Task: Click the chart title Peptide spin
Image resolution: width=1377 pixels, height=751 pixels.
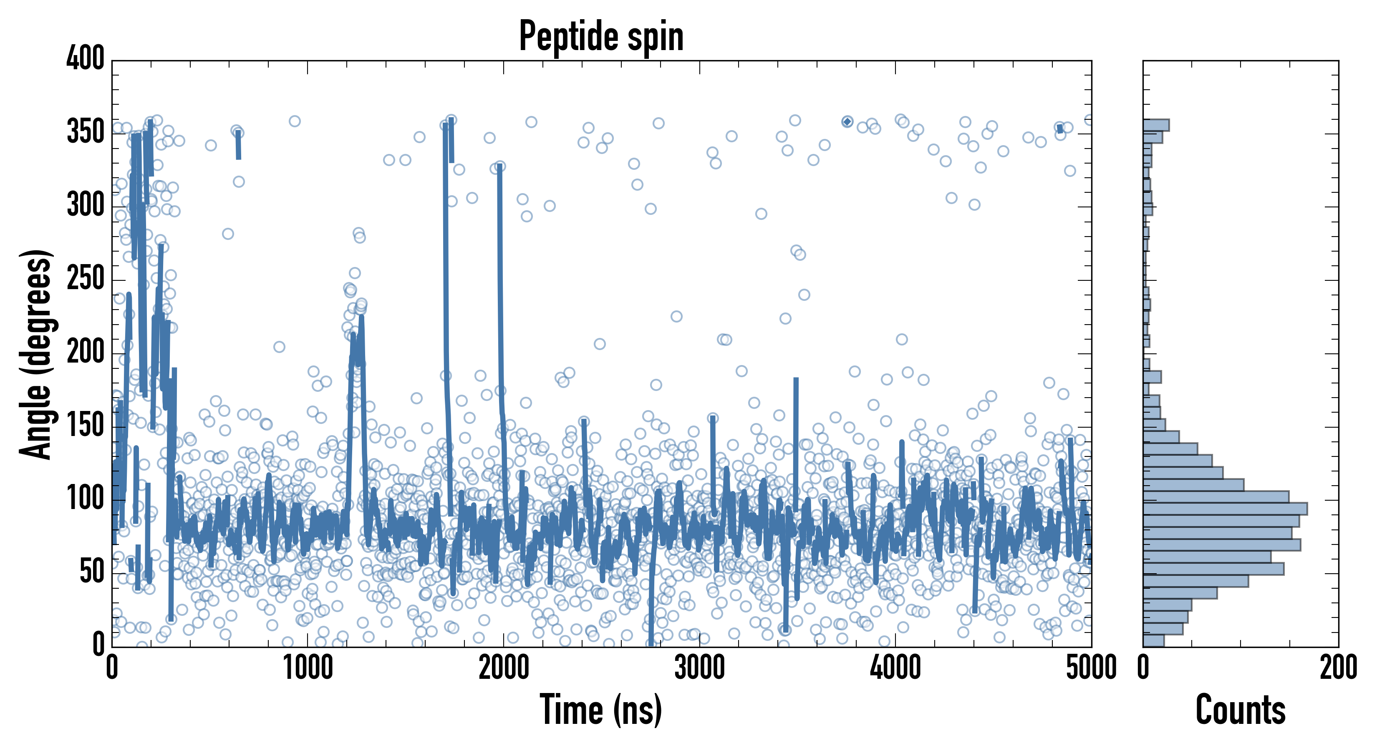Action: tap(601, 36)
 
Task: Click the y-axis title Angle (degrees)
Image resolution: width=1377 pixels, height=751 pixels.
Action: tap(35, 354)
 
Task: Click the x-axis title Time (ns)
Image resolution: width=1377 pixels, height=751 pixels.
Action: tap(601, 710)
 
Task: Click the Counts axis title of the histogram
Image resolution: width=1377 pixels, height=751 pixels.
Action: tap(1240, 710)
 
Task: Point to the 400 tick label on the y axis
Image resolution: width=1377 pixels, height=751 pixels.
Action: tap(86, 58)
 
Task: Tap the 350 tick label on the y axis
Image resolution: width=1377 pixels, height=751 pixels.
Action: tap(86, 132)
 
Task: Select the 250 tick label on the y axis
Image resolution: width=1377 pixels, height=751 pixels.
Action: tap(86, 278)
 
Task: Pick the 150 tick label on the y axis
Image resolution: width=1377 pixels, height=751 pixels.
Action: tap(86, 426)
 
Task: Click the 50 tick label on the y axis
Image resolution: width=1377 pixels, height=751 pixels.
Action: tap(92, 572)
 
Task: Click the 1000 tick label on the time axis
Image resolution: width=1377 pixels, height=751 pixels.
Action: tap(308, 668)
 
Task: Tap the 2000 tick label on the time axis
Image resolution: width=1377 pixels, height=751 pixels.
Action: tap(504, 668)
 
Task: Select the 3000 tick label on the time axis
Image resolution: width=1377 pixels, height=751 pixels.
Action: tap(700, 668)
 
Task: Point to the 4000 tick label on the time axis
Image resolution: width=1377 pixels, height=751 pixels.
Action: tap(895, 668)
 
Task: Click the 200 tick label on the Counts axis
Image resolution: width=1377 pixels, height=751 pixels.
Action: tap(1338, 668)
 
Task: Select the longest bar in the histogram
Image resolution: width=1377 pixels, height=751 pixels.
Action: tap(1225, 508)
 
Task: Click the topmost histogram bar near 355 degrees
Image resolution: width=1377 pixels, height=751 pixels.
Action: tap(1156, 125)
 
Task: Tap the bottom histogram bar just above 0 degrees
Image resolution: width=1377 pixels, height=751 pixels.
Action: tap(1153, 640)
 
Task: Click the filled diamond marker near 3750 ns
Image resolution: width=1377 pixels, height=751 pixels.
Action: tap(847, 122)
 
